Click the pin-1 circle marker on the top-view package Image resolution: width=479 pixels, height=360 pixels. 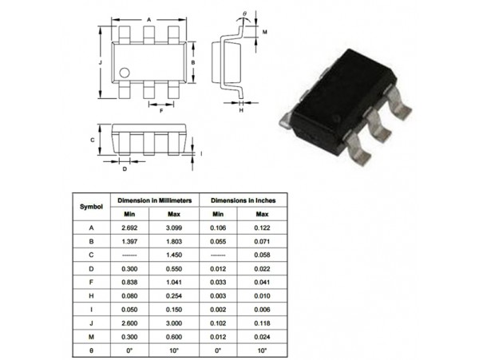point(125,73)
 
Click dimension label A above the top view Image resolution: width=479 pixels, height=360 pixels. point(149,20)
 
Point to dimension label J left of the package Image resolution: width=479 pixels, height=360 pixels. point(101,62)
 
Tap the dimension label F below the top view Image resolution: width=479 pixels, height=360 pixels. point(161,111)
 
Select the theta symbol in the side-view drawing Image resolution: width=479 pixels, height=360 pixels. point(244,14)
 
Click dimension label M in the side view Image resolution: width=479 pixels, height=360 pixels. point(265,32)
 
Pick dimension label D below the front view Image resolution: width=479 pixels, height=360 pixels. point(125,169)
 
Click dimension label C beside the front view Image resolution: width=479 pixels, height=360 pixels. point(93,140)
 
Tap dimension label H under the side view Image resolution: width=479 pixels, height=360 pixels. point(241,110)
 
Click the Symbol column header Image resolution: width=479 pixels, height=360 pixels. point(91,207)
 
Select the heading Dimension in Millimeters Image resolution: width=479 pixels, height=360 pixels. point(155,200)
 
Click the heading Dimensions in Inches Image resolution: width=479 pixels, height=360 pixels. point(243,200)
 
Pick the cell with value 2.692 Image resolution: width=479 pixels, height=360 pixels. point(129,227)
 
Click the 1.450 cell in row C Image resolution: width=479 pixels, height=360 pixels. point(174,255)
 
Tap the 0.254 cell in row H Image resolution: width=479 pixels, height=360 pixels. point(174,296)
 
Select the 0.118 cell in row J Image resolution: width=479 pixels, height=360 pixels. point(262,323)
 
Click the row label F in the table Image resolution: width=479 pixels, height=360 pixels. point(91,282)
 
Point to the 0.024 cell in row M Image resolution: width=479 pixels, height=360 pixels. point(262,337)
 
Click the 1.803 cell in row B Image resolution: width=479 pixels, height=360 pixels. point(174,242)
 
